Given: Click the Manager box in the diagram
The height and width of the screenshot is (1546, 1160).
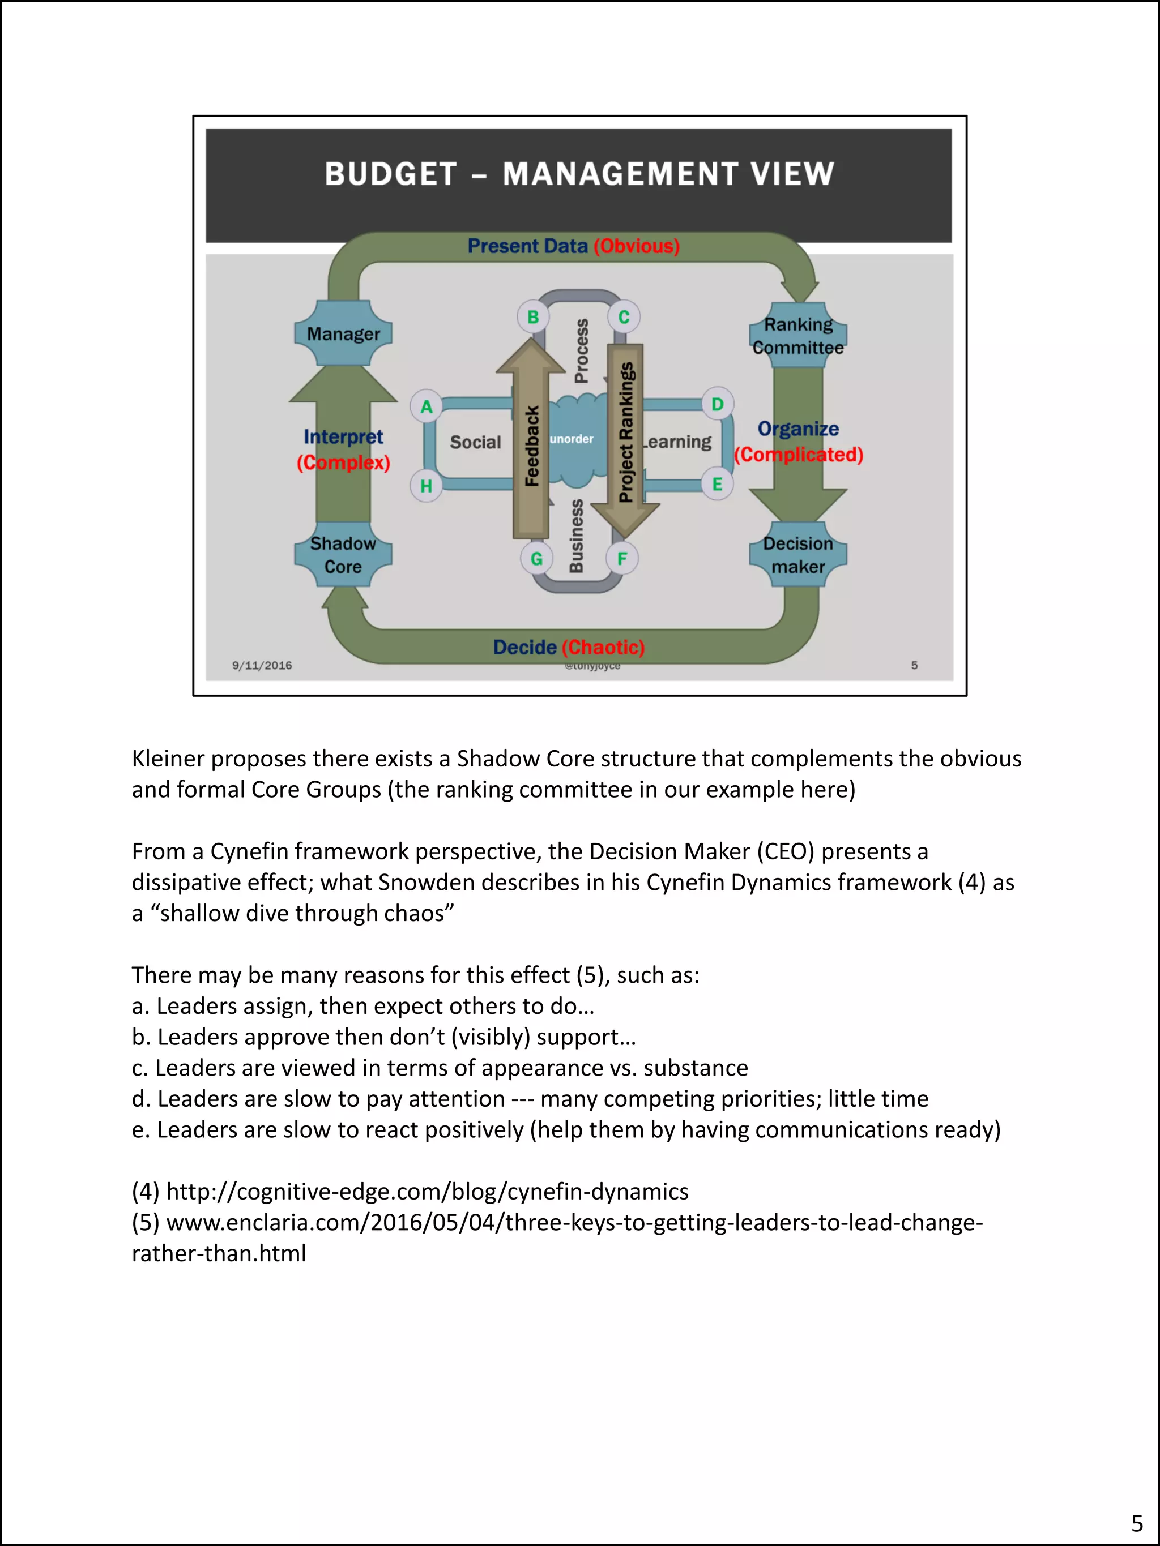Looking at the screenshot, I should tap(343, 333).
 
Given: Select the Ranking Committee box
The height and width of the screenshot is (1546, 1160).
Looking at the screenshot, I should tap(798, 336).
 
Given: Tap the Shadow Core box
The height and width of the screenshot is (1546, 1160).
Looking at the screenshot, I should tap(343, 554).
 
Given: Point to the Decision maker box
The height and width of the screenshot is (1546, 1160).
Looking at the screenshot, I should tap(798, 554).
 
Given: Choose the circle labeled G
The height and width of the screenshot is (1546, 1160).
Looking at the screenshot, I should tap(536, 558).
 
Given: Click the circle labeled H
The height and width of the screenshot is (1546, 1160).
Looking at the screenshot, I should tap(426, 486).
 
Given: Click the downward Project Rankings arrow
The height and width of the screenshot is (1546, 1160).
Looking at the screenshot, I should tap(626, 433).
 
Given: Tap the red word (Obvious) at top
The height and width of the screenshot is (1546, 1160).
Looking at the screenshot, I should tap(636, 246).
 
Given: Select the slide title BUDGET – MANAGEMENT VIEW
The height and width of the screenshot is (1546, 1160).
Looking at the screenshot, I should tap(579, 174).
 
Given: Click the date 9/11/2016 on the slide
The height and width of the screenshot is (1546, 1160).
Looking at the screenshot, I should tap(262, 665).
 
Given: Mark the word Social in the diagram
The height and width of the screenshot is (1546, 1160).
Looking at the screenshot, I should tap(475, 443).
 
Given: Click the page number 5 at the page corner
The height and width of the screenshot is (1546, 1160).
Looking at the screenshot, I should tap(1137, 1523).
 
